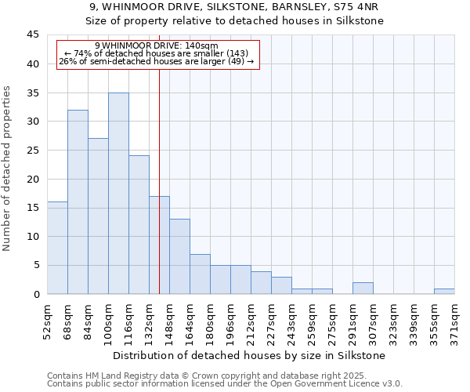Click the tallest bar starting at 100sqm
pyautogui.click(x=118, y=194)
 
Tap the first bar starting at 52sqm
pyautogui.click(x=57, y=248)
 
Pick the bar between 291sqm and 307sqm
pyautogui.click(x=363, y=289)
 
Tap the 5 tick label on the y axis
pyautogui.click(x=36, y=265)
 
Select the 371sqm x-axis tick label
pyautogui.click(x=454, y=319)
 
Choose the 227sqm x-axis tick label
pyautogui.click(x=271, y=319)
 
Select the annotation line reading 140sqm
pyautogui.click(x=157, y=45)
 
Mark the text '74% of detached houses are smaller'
pyautogui.click(x=157, y=53)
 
